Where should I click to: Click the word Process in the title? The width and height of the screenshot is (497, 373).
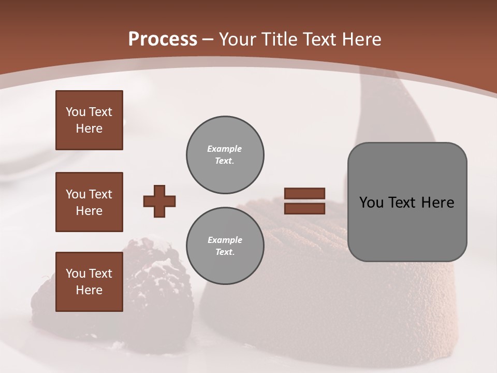click(x=163, y=39)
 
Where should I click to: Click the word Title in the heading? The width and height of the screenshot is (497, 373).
click(x=279, y=39)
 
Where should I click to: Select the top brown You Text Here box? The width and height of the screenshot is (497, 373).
click(x=89, y=120)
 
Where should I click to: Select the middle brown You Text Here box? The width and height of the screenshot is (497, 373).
click(x=89, y=202)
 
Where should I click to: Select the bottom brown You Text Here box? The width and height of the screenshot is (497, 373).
click(x=89, y=281)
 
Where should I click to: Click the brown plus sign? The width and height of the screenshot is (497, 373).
click(x=159, y=201)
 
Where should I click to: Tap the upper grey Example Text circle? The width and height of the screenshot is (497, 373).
click(x=225, y=154)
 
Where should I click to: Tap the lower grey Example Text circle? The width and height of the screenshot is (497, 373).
click(x=225, y=246)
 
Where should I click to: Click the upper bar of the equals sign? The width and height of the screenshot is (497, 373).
click(x=304, y=193)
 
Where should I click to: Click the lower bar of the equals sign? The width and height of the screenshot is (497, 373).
click(x=304, y=208)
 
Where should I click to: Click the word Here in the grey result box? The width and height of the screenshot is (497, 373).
click(x=437, y=203)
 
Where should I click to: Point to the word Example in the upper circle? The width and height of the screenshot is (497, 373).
click(x=225, y=149)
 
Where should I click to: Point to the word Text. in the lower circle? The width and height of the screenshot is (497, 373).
click(x=225, y=252)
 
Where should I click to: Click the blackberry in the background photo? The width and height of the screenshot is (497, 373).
click(x=155, y=290)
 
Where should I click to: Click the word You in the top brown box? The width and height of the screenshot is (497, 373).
click(x=75, y=112)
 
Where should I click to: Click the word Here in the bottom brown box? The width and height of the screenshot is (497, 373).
click(x=89, y=290)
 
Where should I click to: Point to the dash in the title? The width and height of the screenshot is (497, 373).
click(x=208, y=39)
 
